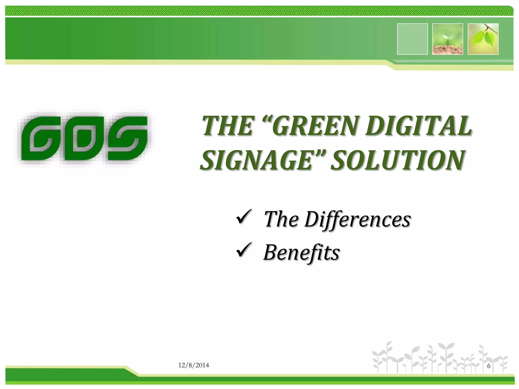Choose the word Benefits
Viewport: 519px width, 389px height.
(x=301, y=252)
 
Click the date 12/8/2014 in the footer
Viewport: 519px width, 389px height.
(x=194, y=365)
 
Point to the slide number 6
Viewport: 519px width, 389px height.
(x=489, y=366)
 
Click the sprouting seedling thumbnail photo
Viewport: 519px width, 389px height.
(x=448, y=39)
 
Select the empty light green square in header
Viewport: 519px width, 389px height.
(x=412, y=39)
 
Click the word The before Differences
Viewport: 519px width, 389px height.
(x=281, y=219)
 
